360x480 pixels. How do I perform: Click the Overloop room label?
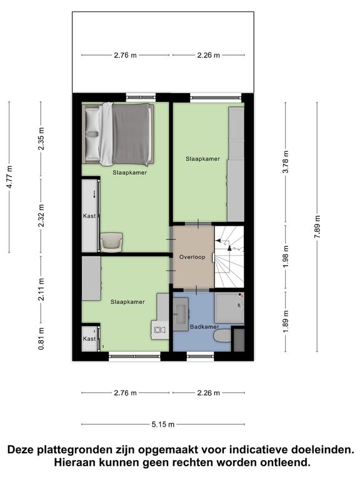tap(192, 257)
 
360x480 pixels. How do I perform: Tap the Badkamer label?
tap(204, 327)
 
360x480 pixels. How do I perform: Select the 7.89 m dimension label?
tap(317, 227)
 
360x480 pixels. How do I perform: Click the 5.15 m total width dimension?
tap(163, 424)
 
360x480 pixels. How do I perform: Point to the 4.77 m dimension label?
tap(9, 177)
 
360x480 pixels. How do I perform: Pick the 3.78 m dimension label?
tap(286, 162)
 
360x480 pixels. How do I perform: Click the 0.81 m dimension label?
tap(41, 339)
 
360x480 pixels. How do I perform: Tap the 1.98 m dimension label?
tap(286, 256)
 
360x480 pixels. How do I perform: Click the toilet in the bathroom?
tap(223, 336)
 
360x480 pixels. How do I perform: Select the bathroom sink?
tap(181, 314)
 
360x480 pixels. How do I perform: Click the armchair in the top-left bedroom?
tap(111, 242)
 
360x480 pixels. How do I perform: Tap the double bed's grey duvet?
tap(132, 134)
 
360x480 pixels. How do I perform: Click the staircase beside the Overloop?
tap(229, 257)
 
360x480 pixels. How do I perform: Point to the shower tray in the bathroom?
tap(229, 307)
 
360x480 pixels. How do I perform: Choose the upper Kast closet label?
tap(89, 216)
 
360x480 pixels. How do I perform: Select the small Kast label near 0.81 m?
tap(89, 339)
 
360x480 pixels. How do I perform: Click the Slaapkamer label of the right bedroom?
tap(202, 159)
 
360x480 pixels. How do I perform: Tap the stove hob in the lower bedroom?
tap(160, 330)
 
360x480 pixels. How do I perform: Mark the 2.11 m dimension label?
tap(41, 289)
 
